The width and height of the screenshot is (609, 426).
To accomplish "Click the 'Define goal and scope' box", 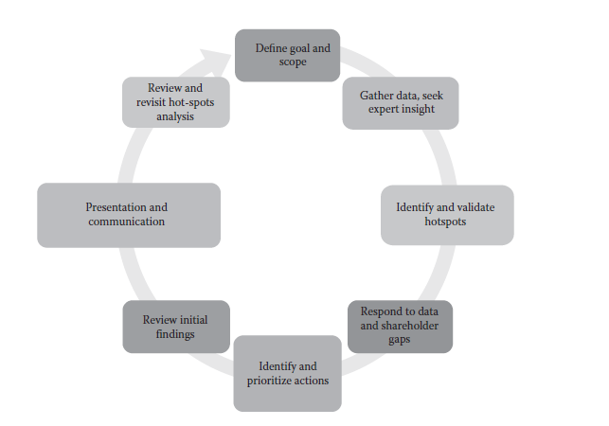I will [x=287, y=54].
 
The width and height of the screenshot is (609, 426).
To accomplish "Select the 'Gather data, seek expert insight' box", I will [x=399, y=102].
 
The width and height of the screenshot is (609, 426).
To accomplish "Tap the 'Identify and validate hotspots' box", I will [x=446, y=214].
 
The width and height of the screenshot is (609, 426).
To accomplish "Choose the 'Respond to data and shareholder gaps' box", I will [x=399, y=326].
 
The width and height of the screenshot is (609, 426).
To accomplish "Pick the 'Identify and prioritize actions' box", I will [x=287, y=373].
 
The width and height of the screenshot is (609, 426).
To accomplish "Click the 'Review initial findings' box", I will [x=175, y=327].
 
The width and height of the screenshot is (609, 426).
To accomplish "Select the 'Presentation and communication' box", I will [x=128, y=214].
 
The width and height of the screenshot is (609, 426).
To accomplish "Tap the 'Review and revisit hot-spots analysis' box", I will [x=175, y=102].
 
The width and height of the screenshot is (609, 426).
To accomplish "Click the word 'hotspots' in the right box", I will [x=445, y=222].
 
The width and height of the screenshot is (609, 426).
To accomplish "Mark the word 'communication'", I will [x=127, y=222].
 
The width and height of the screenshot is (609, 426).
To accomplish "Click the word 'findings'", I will [x=175, y=333].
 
